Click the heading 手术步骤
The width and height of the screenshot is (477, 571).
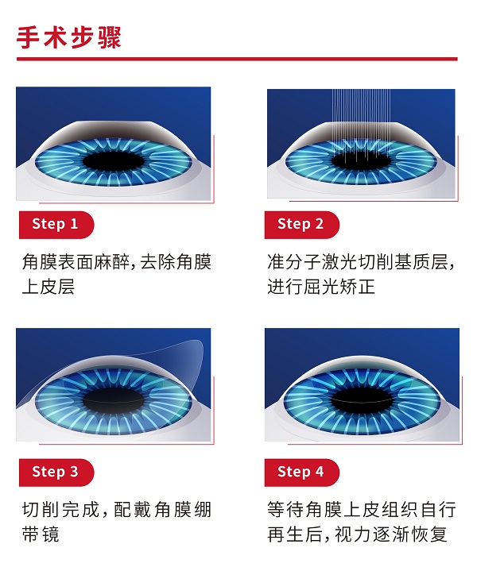click(68, 37)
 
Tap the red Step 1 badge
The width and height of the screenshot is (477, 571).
click(56, 225)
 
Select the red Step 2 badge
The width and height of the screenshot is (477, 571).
click(301, 225)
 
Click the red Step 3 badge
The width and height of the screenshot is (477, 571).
click(56, 473)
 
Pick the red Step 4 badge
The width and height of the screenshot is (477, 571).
click(301, 473)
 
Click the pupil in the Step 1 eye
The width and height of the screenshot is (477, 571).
click(114, 160)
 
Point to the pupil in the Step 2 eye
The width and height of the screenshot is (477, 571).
click(362, 160)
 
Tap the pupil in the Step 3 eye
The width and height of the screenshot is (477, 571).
click(114, 401)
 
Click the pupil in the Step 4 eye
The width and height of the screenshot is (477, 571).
click(362, 401)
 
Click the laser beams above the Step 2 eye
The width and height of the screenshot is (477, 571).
click(362, 120)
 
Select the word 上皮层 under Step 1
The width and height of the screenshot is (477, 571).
click(48, 287)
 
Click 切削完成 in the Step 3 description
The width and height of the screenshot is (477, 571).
click(60, 510)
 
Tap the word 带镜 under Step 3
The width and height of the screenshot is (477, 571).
click(41, 534)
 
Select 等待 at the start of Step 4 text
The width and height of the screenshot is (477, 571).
click(285, 510)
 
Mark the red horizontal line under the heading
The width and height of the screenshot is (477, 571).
click(237, 59)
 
